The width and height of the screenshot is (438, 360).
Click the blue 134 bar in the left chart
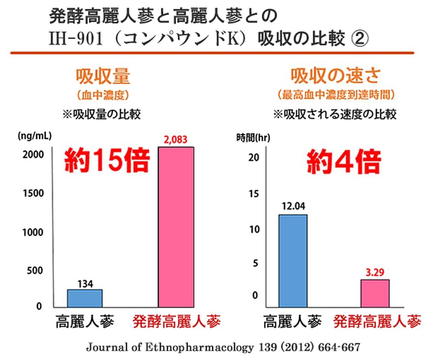pyautogui.click(x=85, y=298)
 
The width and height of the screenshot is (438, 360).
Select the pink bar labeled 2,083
pyautogui.click(x=176, y=227)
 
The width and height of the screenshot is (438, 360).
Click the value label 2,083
pyautogui.click(x=176, y=140)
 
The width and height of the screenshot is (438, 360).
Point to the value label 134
pyautogui.click(x=85, y=283)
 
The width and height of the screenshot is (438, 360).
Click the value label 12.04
pyautogui.click(x=293, y=207)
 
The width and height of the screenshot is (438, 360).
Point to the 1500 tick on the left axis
pyautogui.click(x=33, y=193)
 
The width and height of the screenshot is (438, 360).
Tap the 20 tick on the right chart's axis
pyautogui.click(x=254, y=158)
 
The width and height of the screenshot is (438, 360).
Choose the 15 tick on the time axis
pyautogui.click(x=254, y=194)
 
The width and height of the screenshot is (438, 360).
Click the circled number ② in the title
pyautogui.click(x=360, y=39)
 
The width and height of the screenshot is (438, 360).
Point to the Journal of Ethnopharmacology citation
pyautogui.click(x=223, y=347)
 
